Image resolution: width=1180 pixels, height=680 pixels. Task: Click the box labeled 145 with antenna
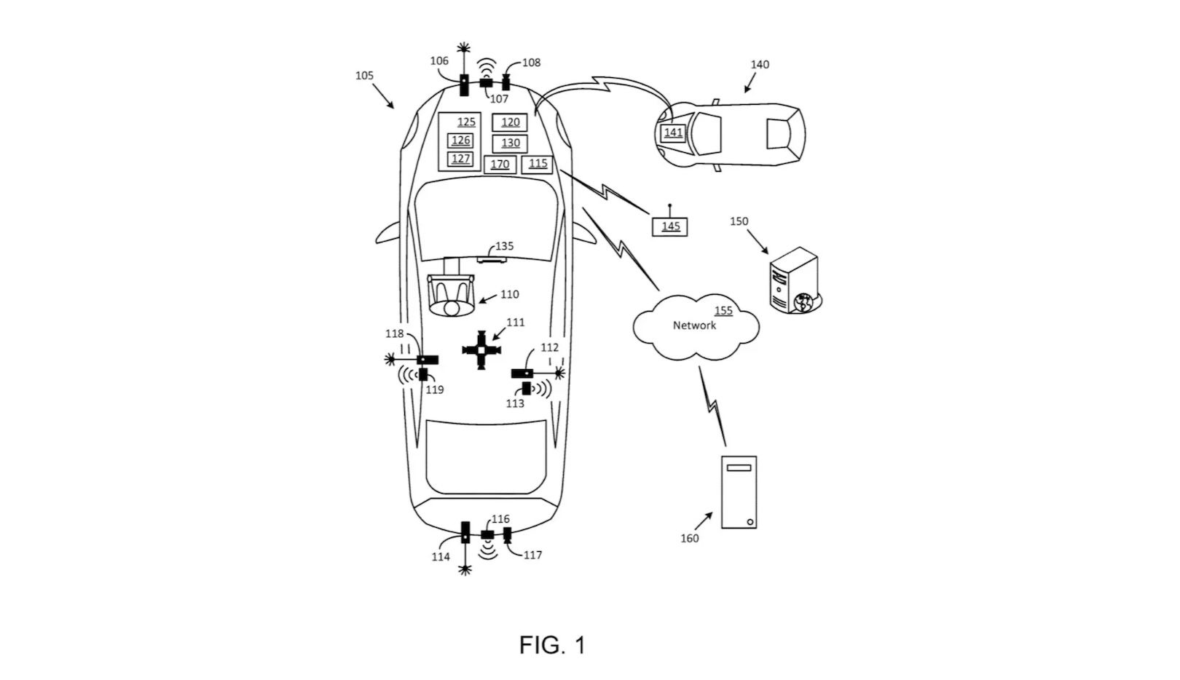pyautogui.click(x=669, y=226)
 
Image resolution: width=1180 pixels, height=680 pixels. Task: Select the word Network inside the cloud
pyautogui.click(x=693, y=325)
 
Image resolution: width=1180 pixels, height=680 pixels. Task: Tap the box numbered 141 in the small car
pyautogui.click(x=672, y=133)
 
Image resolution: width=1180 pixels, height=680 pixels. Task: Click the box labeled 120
pyautogui.click(x=509, y=122)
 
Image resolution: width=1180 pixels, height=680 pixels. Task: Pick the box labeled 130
pyautogui.click(x=509, y=143)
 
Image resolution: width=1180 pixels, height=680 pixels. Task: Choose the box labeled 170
pyautogui.click(x=500, y=165)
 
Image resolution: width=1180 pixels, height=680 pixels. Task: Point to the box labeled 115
pyautogui.click(x=538, y=164)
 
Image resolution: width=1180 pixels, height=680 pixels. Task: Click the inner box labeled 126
pyautogui.click(x=460, y=141)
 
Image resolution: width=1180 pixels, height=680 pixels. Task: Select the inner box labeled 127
pyautogui.click(x=460, y=159)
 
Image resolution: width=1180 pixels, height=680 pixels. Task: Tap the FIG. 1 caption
pyautogui.click(x=551, y=645)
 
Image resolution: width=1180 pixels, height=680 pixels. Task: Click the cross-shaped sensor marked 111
pyautogui.click(x=481, y=351)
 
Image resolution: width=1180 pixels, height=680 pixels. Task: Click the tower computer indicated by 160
pyautogui.click(x=738, y=491)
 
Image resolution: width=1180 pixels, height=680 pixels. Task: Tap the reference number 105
pyautogui.click(x=364, y=76)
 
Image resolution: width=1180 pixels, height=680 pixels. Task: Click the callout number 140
pyautogui.click(x=759, y=65)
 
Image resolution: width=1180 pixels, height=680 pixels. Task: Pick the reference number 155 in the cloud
pyautogui.click(x=723, y=311)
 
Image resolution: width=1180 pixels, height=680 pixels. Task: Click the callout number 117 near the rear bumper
pyautogui.click(x=532, y=556)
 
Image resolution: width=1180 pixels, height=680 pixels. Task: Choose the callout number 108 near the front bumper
pyautogui.click(x=531, y=63)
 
